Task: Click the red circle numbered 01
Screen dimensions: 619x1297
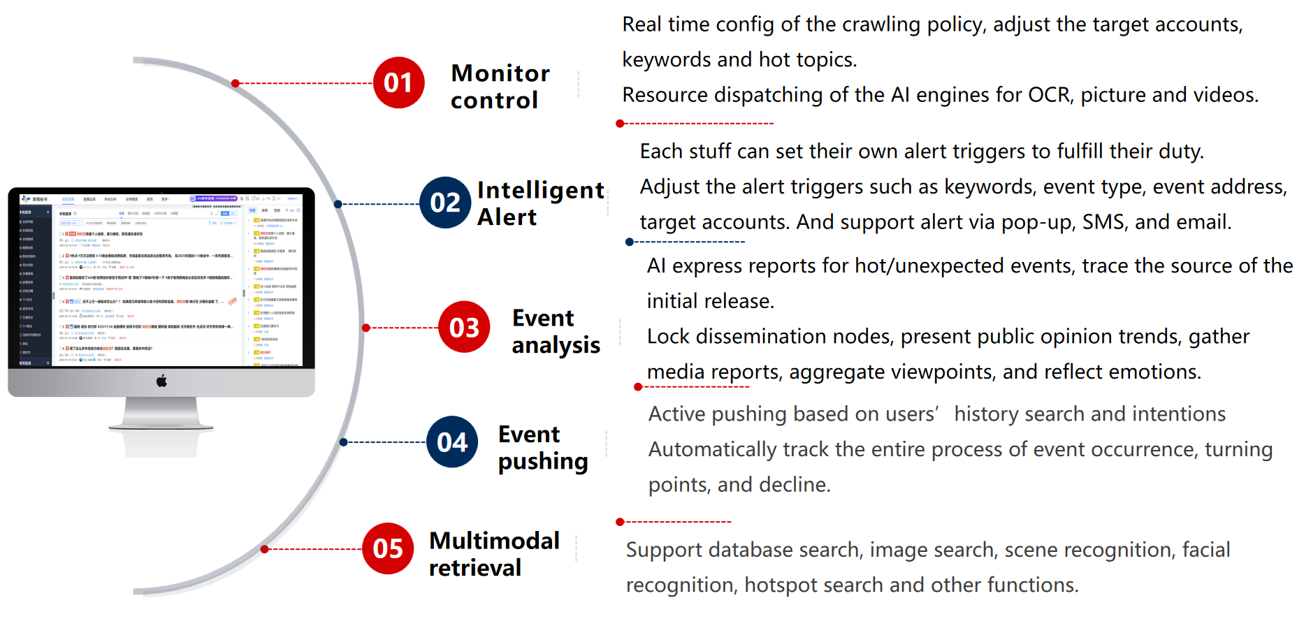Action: [x=399, y=83]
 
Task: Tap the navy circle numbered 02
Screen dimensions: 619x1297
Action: [x=445, y=203]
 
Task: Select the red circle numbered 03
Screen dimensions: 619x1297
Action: [x=464, y=327]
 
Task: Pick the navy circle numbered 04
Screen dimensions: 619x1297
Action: [x=452, y=442]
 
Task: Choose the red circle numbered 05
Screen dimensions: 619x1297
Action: [x=388, y=548]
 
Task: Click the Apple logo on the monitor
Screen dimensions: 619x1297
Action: [x=161, y=381]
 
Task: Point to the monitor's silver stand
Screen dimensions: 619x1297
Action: [x=161, y=412]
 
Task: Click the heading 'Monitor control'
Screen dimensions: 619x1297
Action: [x=500, y=87]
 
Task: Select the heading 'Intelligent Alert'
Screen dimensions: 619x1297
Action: [x=540, y=203]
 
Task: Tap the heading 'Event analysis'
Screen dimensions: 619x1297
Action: [x=556, y=331]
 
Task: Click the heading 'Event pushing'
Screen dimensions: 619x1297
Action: [x=542, y=448]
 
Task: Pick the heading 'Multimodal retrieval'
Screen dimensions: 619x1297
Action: [x=494, y=554]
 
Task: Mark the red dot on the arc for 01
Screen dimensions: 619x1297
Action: [x=236, y=83]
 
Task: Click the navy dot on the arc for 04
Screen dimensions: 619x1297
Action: [x=344, y=442]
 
